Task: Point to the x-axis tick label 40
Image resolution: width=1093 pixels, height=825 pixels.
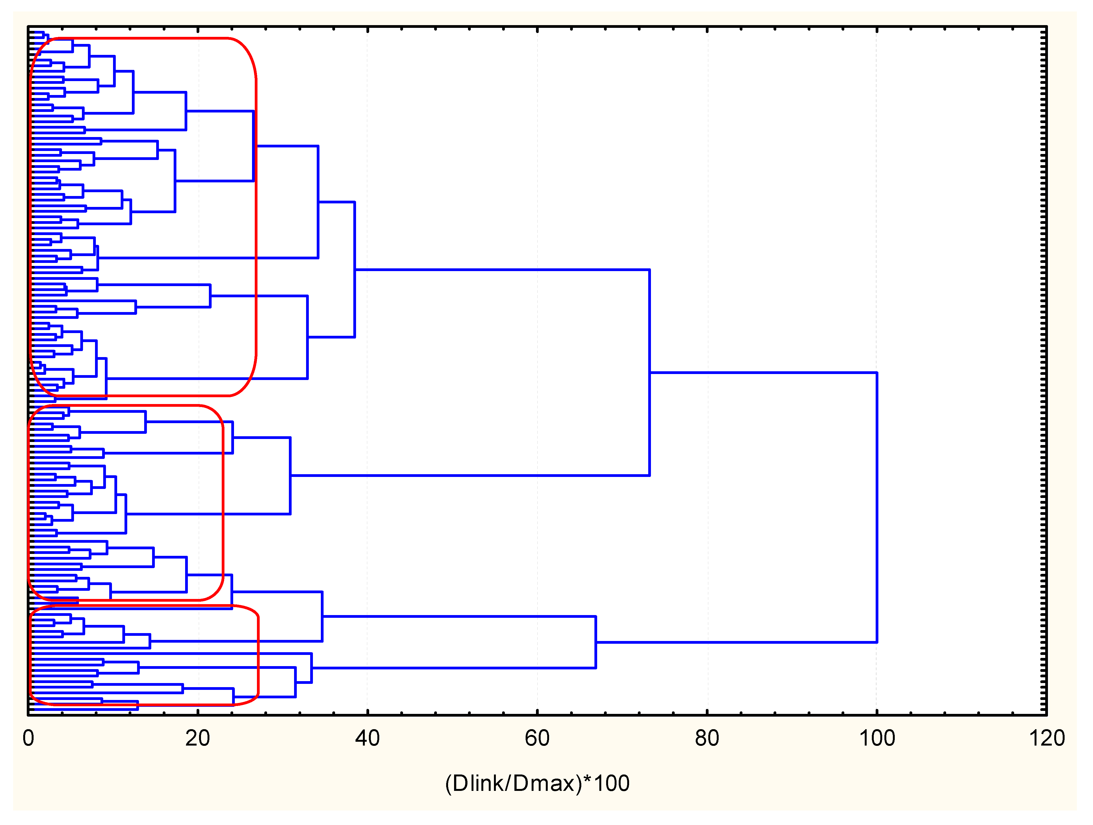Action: pos(367,738)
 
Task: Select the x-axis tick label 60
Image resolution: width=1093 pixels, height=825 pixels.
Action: pos(537,738)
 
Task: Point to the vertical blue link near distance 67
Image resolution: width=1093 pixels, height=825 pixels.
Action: pos(596,642)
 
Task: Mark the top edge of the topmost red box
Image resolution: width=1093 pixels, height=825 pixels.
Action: pos(143,38)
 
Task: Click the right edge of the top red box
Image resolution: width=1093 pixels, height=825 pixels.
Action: pos(256,217)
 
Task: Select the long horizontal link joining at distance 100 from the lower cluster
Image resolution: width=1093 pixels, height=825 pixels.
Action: pos(736,642)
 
